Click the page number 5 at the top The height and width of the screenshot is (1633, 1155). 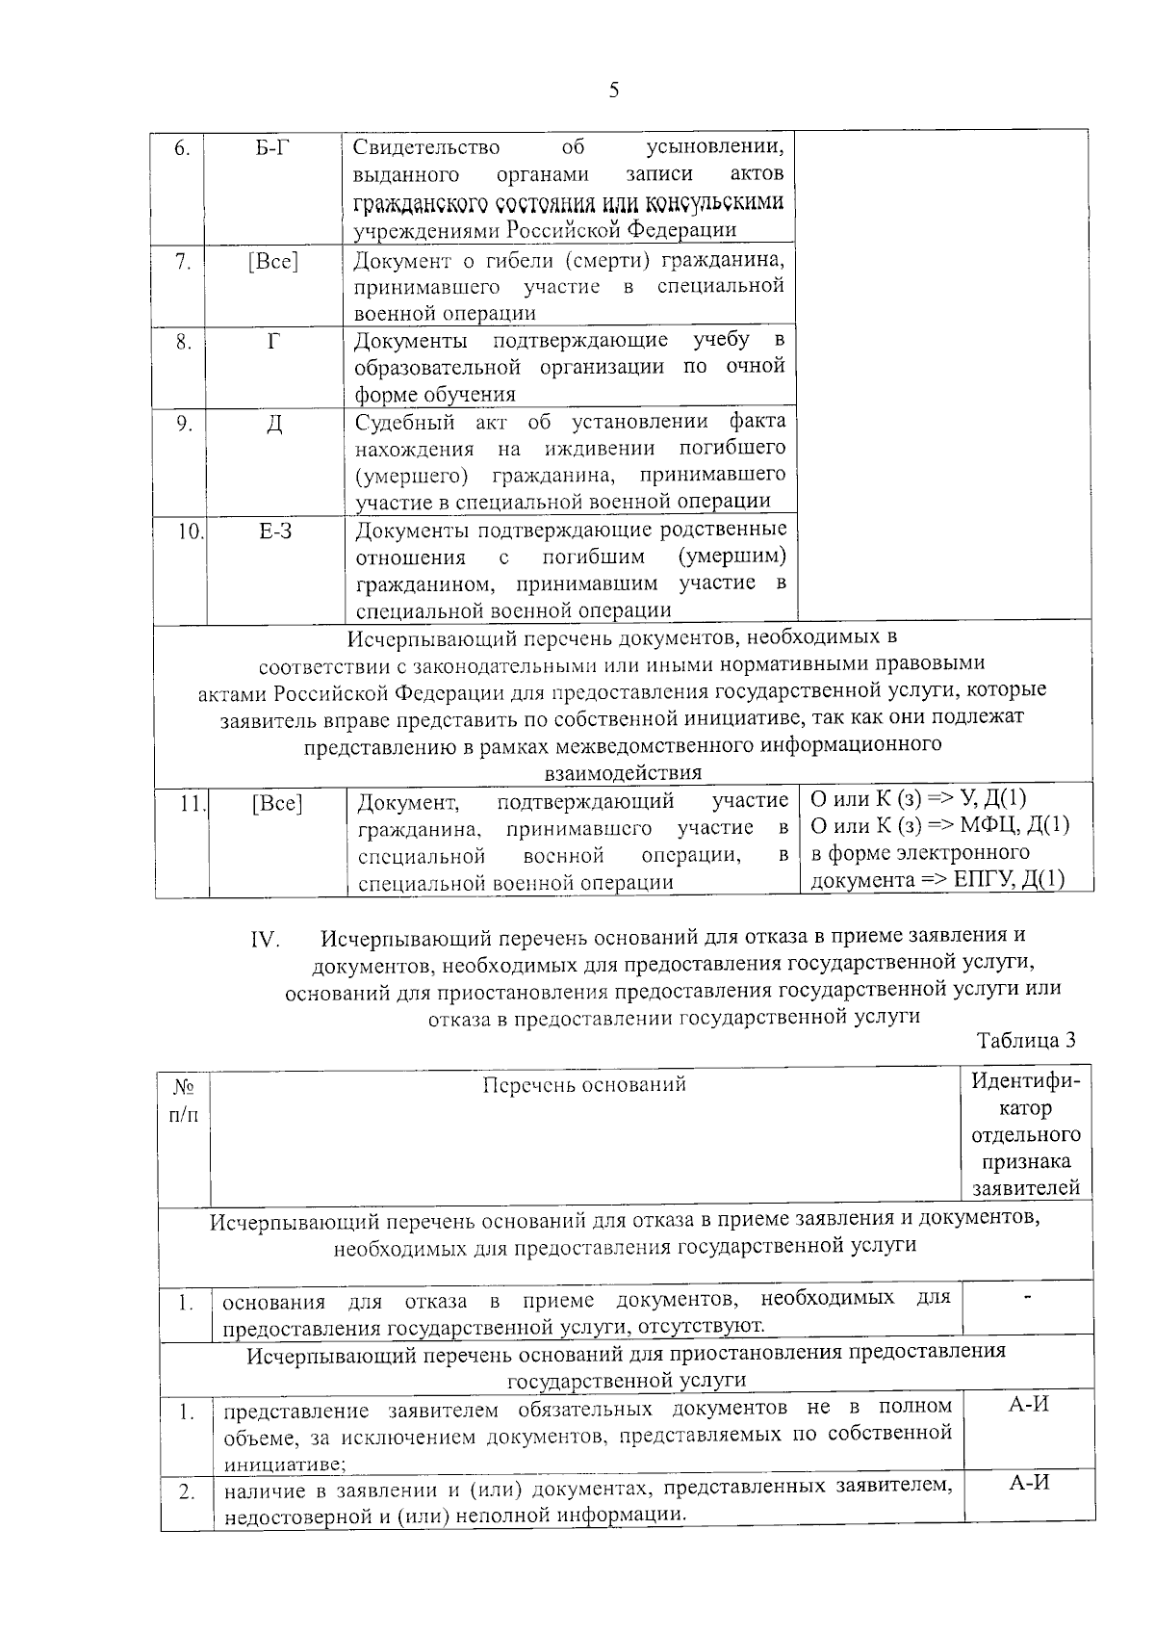pos(614,91)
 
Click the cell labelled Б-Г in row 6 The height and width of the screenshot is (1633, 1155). pos(273,147)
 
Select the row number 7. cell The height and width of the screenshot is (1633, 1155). pos(182,261)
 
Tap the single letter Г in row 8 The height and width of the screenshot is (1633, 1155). pos(274,341)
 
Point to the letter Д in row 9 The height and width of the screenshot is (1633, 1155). pos(274,424)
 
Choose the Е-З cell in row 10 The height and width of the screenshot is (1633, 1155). pos(275,531)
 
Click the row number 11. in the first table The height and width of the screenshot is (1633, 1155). pos(191,803)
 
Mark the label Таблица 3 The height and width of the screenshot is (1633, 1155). pos(1025,1040)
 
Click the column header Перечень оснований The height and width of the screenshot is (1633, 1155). pos(583,1085)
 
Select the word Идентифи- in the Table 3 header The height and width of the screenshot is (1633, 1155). pos(1025,1081)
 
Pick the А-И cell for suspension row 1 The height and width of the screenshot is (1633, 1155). pos(1028,1405)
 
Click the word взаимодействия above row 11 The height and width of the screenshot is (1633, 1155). pos(623,773)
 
